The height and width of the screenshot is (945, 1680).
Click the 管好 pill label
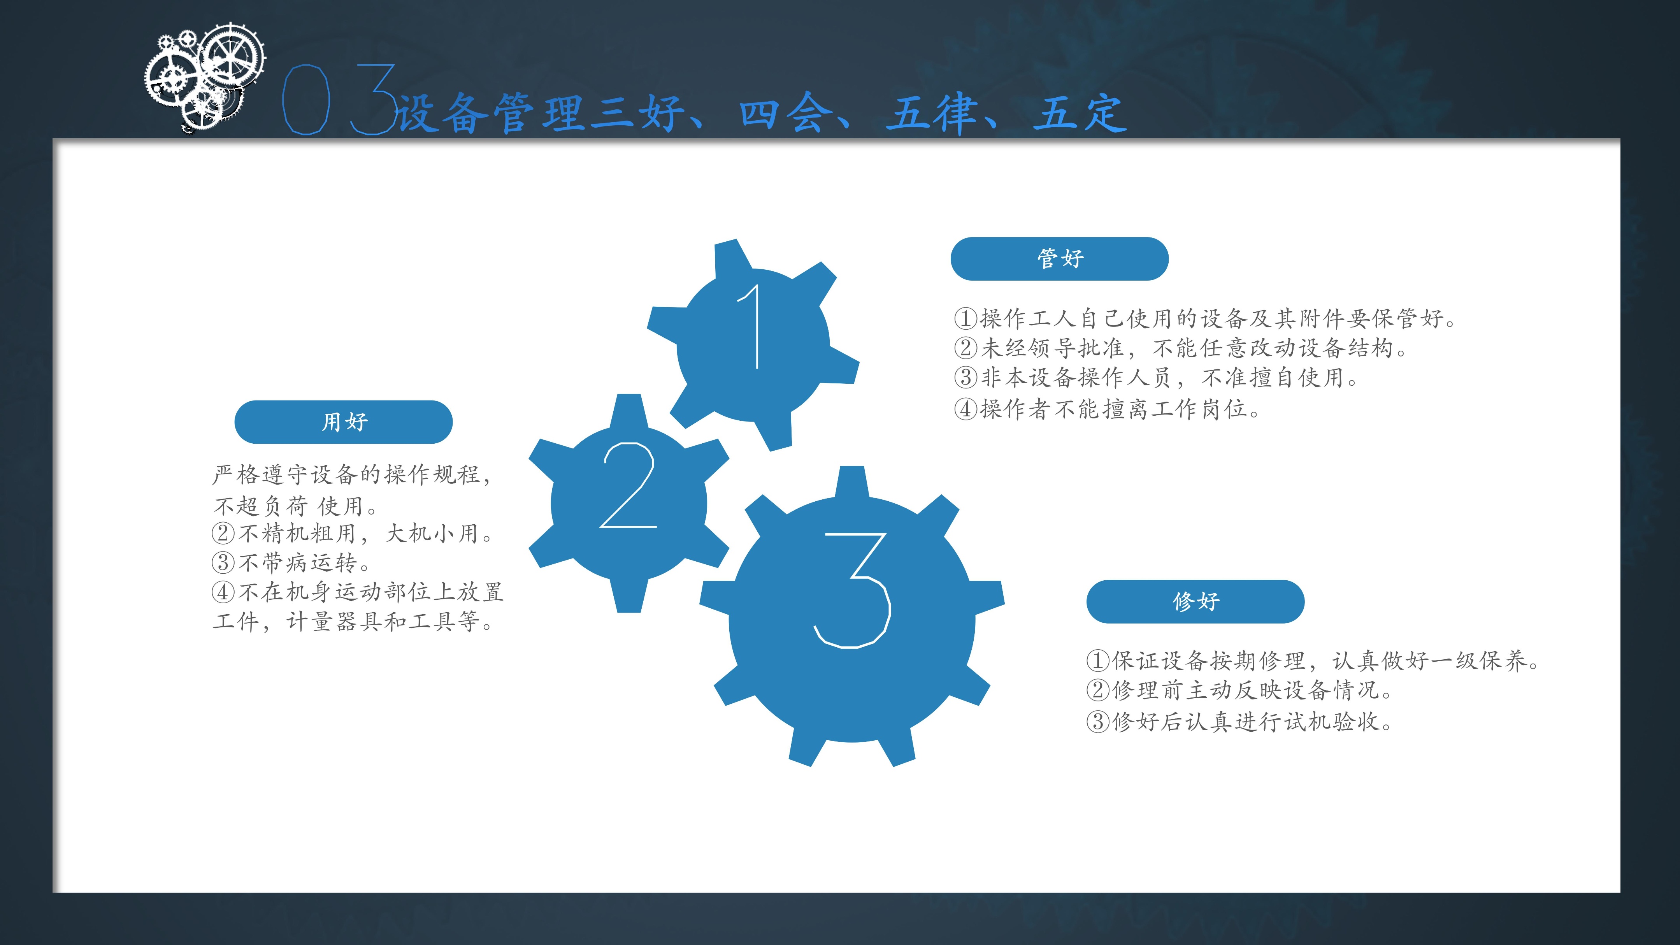(1059, 259)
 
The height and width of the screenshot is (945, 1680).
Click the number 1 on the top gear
(752, 327)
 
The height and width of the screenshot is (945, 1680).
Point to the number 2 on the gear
(627, 485)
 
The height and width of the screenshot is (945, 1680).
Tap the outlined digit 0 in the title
(305, 99)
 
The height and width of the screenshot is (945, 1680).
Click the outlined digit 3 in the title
(374, 99)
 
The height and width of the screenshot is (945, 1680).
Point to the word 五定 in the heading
(1080, 114)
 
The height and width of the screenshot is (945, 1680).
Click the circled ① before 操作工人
(965, 319)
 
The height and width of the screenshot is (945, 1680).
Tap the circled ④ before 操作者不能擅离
(965, 409)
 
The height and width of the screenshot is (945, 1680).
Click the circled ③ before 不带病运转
(223, 562)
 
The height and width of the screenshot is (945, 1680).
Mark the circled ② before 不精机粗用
(223, 534)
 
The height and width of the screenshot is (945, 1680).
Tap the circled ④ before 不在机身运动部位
(223, 592)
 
